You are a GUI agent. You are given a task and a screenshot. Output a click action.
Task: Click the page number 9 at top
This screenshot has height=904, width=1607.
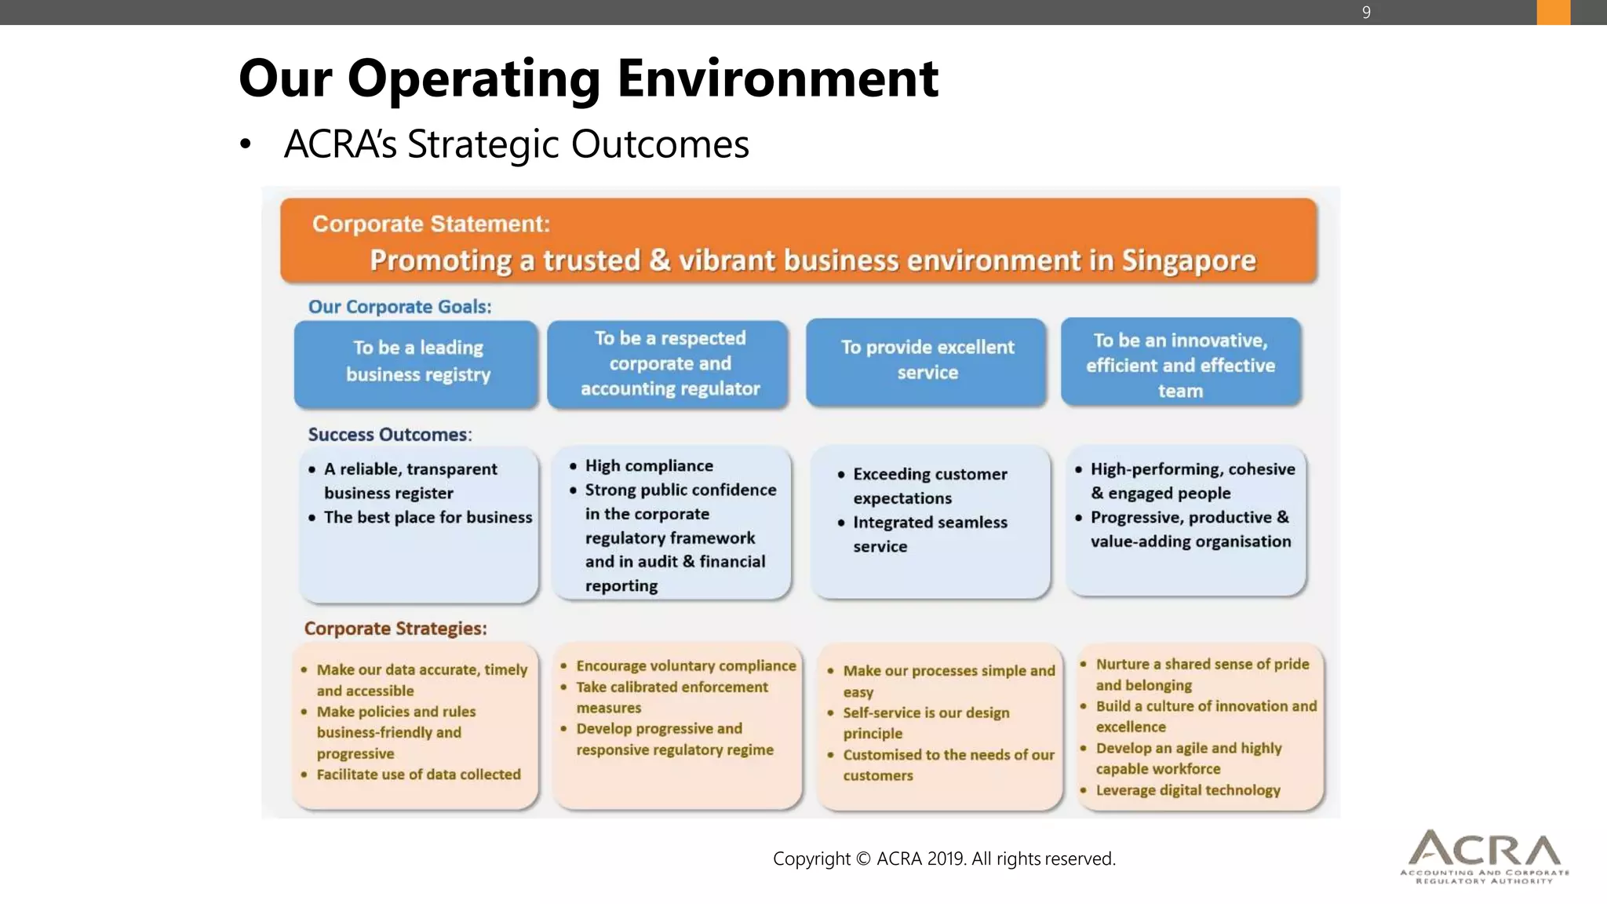1366,13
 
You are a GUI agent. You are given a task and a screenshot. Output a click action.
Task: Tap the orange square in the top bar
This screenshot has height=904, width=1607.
1553,13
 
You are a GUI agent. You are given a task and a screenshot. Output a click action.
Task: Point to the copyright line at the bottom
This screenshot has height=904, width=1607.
944,858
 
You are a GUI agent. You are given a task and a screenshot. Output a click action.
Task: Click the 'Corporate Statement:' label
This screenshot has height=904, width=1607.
431,224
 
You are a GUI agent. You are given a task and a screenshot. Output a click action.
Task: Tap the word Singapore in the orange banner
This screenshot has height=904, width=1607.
1189,261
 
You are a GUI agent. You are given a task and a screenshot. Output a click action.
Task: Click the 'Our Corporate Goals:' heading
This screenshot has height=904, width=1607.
399,307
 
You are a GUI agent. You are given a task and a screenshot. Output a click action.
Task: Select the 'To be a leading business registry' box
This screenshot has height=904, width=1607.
417,363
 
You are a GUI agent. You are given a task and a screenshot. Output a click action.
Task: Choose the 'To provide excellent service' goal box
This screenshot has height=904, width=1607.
927,361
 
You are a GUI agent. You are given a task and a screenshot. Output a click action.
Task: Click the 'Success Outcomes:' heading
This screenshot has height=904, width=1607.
389,435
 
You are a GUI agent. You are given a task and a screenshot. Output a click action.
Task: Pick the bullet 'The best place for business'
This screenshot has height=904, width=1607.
428,518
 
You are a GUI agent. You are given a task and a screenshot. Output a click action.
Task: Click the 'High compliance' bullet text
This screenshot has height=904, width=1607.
649,466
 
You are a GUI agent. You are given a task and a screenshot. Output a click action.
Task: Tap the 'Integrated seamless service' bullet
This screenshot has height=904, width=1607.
930,534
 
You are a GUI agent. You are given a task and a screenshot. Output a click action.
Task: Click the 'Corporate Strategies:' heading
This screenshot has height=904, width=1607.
395,629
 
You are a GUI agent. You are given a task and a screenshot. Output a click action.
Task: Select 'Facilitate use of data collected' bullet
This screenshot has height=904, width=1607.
418,775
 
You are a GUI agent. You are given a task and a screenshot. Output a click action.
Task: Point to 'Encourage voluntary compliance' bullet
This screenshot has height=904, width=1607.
686,666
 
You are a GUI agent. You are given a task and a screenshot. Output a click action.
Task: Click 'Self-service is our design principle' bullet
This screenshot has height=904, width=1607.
926,723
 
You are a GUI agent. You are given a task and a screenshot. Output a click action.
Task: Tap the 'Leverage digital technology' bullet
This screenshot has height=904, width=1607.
1187,790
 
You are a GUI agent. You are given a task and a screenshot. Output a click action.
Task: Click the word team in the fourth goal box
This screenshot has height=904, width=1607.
1180,391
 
